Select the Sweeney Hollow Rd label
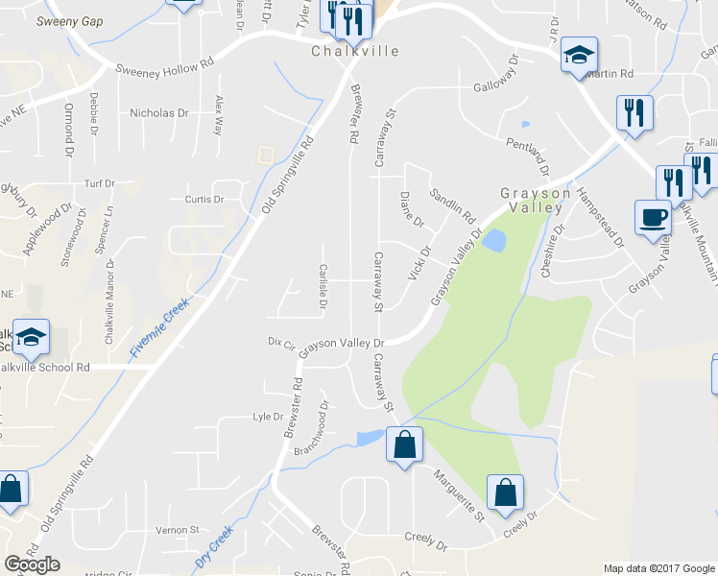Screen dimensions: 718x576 click(x=164, y=69)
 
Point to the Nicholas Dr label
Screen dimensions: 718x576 click(x=159, y=113)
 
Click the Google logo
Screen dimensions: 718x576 click(x=32, y=564)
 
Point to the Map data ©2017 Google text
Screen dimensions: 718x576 click(x=658, y=568)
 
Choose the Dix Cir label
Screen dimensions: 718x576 click(x=280, y=342)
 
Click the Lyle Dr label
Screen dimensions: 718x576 click(x=267, y=418)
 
